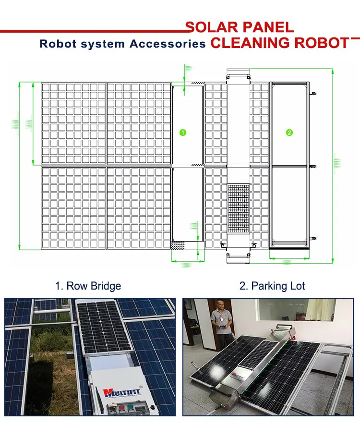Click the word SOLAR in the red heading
[209, 27]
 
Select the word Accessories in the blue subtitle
[168, 44]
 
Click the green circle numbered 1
[183, 133]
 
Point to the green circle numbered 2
[289, 133]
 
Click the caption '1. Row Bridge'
[88, 286]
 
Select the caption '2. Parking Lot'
[272, 286]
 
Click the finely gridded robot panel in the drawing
[238, 209]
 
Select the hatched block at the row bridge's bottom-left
[178, 245]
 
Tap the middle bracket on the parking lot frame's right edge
[313, 166]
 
